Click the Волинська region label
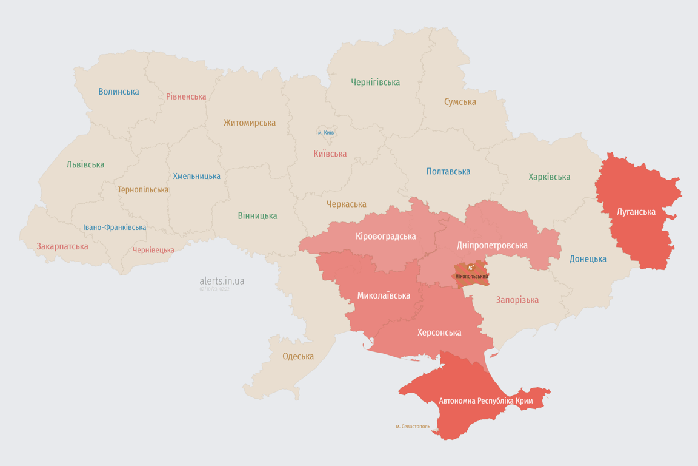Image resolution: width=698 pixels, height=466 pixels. [x=119, y=92]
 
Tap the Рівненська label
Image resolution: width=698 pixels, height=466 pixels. [x=186, y=96]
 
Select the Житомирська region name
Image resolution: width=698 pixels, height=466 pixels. [x=249, y=123]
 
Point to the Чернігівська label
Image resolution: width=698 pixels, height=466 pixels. [x=375, y=82]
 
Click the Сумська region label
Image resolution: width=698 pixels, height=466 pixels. [x=460, y=101]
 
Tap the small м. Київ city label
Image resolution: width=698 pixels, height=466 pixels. [x=325, y=132]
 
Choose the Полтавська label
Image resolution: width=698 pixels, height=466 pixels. [x=448, y=171]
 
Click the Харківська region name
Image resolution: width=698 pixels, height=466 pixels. [x=549, y=177]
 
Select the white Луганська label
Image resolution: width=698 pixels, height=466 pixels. [x=636, y=212]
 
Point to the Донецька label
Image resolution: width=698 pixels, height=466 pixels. [x=588, y=259]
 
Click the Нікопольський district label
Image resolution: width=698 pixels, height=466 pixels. [x=471, y=276]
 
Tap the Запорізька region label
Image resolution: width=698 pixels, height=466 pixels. [x=517, y=300]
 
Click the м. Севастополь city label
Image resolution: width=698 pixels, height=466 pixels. [x=413, y=426]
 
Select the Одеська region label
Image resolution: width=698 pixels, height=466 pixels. [x=298, y=356]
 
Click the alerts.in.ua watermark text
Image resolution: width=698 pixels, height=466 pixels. [x=222, y=281]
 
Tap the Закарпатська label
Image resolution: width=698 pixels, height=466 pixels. [x=62, y=246]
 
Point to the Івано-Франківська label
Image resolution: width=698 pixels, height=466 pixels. [x=115, y=228]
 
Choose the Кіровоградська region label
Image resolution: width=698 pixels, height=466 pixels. [x=385, y=236]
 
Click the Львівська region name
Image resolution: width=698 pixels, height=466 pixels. [x=85, y=164]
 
